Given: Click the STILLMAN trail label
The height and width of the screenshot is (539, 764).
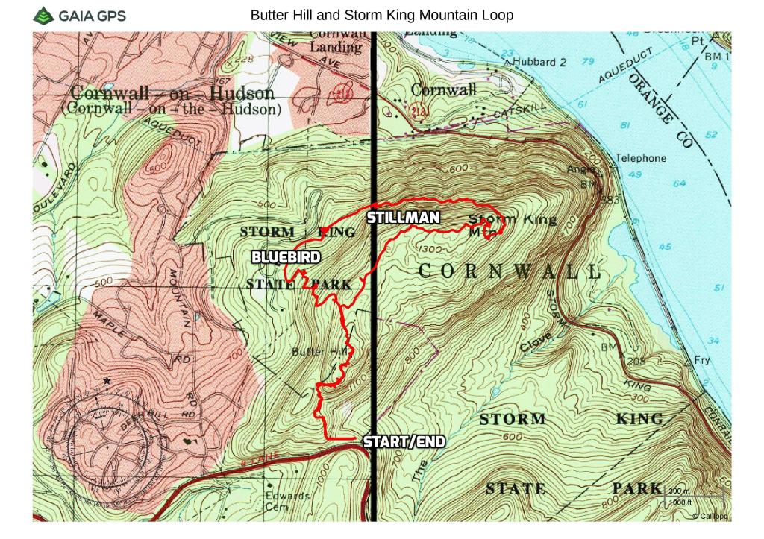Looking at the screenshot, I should pyautogui.click(x=401, y=218).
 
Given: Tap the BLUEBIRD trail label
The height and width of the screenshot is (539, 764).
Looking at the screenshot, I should pyautogui.click(x=286, y=257).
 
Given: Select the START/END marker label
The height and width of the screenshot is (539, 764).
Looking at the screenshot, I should pyautogui.click(x=404, y=441).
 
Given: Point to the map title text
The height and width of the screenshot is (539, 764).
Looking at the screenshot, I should pyautogui.click(x=382, y=15).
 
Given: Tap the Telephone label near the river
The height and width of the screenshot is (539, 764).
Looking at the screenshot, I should pyautogui.click(x=640, y=158).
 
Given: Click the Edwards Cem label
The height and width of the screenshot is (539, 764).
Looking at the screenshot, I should pyautogui.click(x=288, y=501).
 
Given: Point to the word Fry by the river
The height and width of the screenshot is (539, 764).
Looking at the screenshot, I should pyautogui.click(x=702, y=359).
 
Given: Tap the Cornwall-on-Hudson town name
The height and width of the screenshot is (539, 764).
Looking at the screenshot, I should pyautogui.click(x=172, y=94).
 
